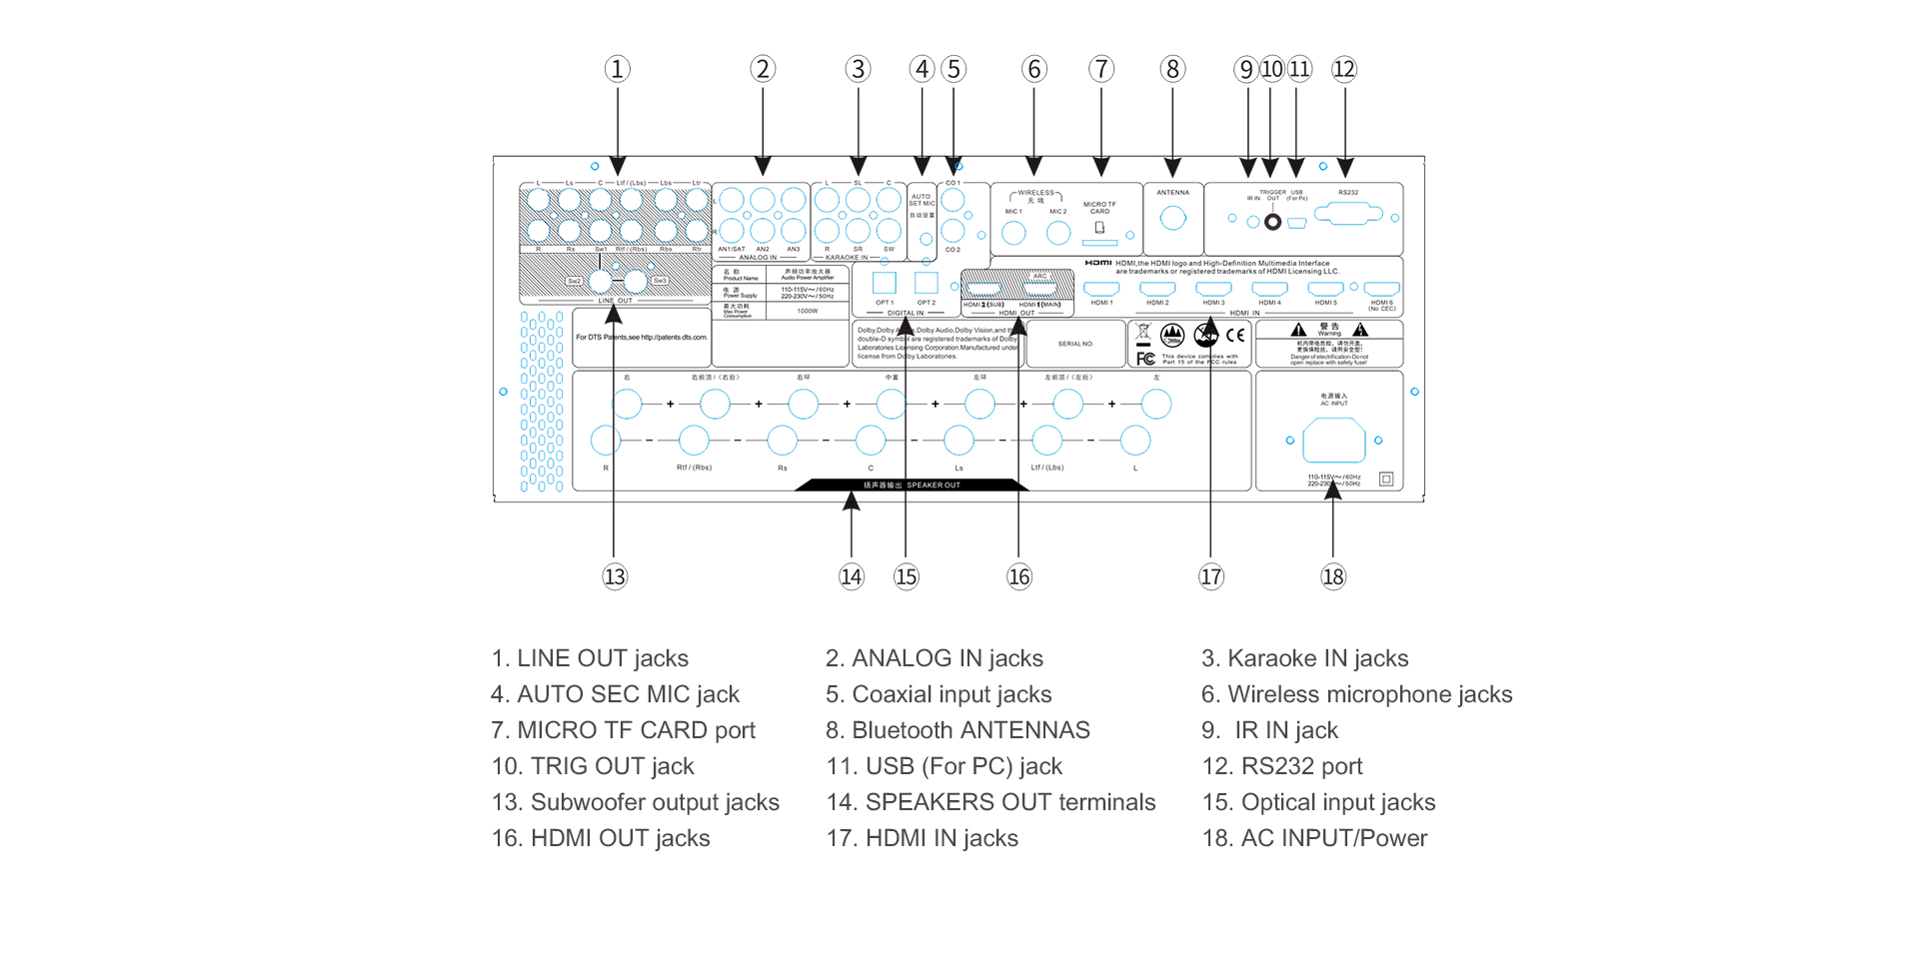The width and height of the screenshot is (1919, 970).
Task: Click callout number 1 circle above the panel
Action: [x=617, y=69]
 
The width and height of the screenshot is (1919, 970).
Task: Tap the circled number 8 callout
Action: [x=1172, y=69]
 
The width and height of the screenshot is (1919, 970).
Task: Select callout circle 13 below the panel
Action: [x=615, y=576]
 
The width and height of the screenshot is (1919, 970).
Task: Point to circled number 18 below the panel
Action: [x=1333, y=576]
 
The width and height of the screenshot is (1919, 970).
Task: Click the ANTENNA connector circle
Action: [x=1172, y=218]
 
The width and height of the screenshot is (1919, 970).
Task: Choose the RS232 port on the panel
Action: [x=1348, y=214]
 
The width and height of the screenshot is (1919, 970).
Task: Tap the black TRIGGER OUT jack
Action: [x=1272, y=222]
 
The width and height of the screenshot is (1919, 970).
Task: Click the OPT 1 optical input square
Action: [x=885, y=283]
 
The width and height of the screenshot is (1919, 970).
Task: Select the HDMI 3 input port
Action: [x=1213, y=289]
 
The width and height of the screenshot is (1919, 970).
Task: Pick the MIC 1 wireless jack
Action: [x=1013, y=233]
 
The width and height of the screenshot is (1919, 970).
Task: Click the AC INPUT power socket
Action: [x=1334, y=441]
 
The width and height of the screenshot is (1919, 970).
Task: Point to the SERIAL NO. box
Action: [x=1075, y=344]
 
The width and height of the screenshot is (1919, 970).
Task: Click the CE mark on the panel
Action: [x=1235, y=336]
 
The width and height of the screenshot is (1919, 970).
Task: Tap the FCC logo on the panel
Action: [x=1145, y=358]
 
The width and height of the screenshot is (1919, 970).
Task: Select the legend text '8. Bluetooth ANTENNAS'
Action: [x=957, y=730]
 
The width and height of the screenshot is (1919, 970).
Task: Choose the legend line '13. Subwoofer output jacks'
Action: [x=635, y=802]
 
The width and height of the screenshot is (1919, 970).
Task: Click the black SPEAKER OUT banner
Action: [x=912, y=485]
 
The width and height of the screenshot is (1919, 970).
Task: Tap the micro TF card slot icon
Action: [x=1099, y=228]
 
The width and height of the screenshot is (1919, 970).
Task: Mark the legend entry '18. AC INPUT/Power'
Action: [x=1314, y=838]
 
